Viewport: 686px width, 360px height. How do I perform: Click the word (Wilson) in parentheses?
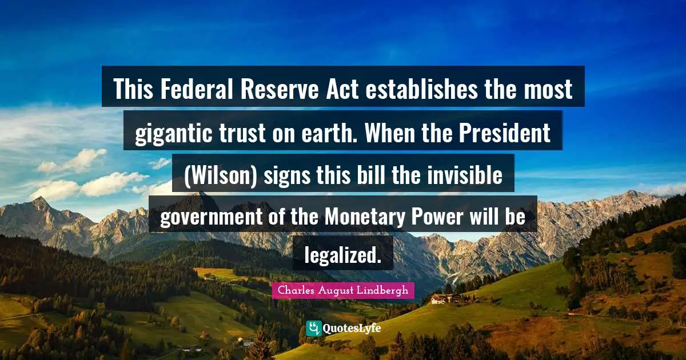click(x=221, y=175)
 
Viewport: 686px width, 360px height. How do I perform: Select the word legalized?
click(x=342, y=255)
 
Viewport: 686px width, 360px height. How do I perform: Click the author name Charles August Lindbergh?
click(x=343, y=290)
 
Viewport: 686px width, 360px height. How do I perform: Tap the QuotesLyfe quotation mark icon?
click(x=314, y=328)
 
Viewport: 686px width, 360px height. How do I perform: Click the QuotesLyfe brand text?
click(x=352, y=329)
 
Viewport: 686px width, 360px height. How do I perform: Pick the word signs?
click(x=284, y=175)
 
